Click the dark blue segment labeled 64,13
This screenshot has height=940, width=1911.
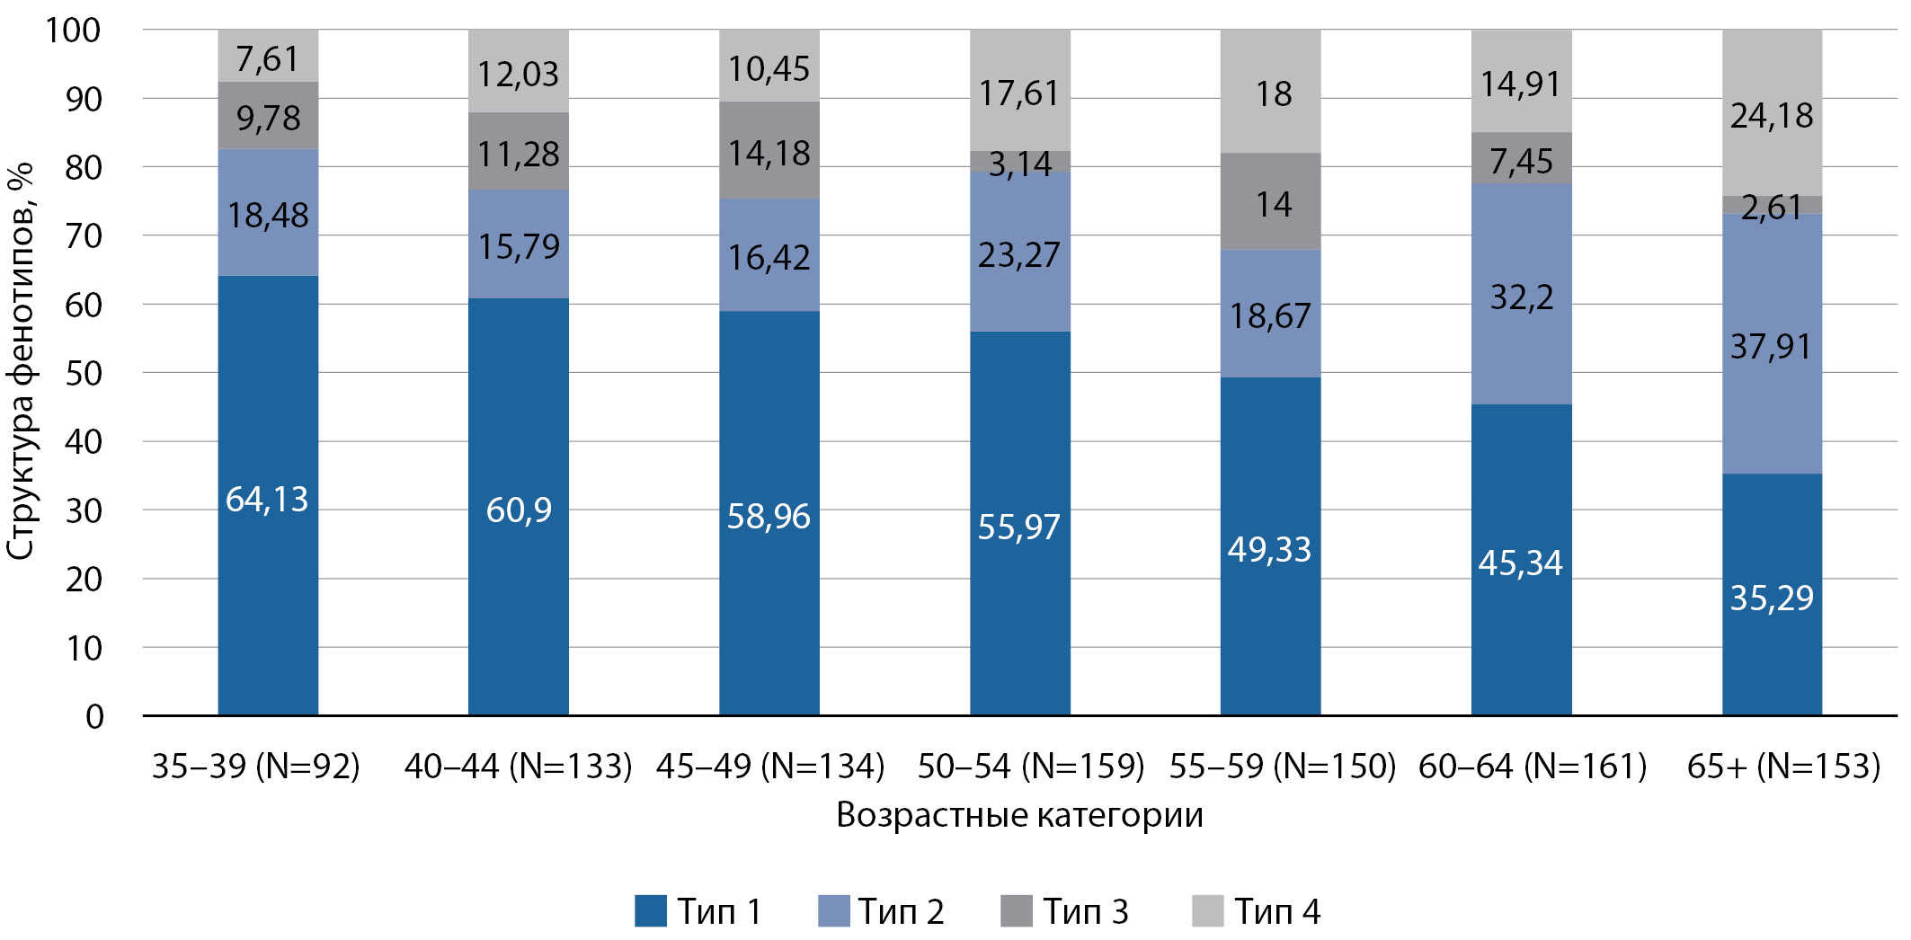coord(268,495)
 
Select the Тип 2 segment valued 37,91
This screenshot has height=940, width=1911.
coord(1772,344)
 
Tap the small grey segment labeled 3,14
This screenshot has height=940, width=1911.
coord(1020,162)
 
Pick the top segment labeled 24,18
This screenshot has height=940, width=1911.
coord(1772,113)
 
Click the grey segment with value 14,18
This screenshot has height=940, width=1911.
coord(769,150)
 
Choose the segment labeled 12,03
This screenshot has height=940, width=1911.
coord(519,72)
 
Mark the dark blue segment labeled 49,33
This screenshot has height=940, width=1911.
coord(1270,546)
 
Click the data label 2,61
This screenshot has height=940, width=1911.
coord(1772,208)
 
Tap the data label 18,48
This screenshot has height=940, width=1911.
coord(268,215)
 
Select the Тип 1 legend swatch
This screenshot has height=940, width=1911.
coord(651,910)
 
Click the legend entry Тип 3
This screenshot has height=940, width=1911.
coord(1065,910)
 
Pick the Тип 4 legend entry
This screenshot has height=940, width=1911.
coord(1257,910)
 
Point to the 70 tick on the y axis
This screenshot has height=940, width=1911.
coord(84,236)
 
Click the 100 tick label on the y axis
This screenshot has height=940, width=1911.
coord(73,31)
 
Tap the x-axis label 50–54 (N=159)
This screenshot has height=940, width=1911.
coord(1031,766)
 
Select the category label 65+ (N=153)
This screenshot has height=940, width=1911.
coord(1783,766)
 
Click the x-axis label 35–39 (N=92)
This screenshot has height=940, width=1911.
coord(256,766)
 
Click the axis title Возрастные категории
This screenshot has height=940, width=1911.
coord(1019,815)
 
